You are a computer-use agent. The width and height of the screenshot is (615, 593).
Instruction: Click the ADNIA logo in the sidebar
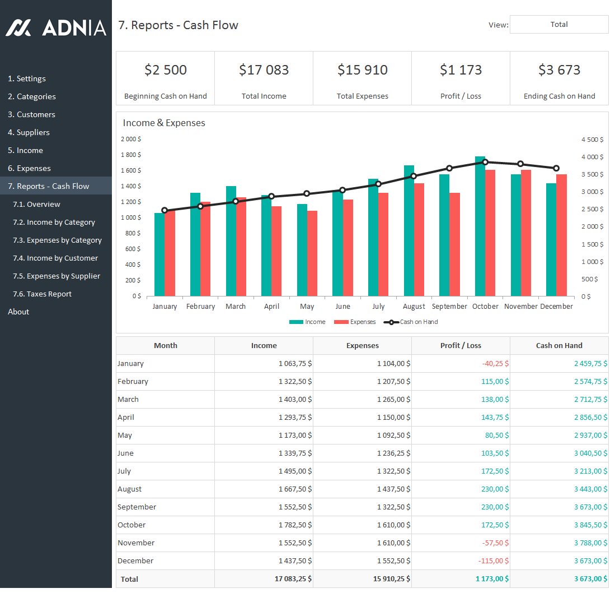[x=56, y=27]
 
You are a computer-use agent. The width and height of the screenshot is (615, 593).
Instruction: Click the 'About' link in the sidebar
[x=18, y=312]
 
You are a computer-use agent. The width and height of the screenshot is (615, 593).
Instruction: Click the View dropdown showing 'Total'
[x=558, y=25]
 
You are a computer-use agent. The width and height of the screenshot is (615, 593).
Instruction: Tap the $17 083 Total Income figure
[x=264, y=70]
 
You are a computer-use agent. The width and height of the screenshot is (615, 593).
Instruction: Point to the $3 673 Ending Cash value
[x=559, y=70]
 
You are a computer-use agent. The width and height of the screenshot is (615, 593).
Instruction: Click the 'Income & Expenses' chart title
[x=164, y=123]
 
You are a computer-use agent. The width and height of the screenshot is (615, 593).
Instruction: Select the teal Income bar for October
[x=480, y=226]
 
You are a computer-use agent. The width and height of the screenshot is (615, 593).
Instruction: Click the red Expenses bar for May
[x=312, y=253]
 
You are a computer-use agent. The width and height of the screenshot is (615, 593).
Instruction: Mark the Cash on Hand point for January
[x=165, y=210]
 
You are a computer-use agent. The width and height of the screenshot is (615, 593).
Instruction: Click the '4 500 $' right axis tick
[x=592, y=140]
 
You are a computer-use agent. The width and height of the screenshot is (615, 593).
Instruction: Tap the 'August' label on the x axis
[x=414, y=307]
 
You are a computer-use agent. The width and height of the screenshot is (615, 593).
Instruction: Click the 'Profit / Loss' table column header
[x=461, y=345]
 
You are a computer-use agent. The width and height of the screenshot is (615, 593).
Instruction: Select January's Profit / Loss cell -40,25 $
[x=495, y=363]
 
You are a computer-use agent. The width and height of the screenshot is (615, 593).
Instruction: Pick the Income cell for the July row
[x=295, y=471]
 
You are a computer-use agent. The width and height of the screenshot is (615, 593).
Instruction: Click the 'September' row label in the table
[x=137, y=507]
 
